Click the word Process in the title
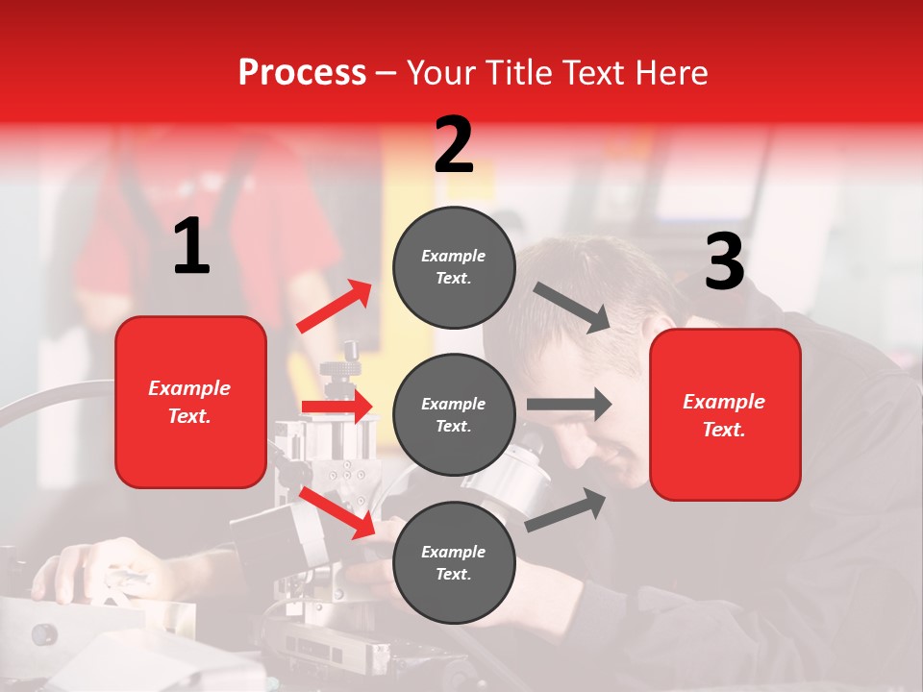click(302, 73)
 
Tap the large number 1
click(191, 248)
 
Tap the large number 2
click(454, 145)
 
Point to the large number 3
click(724, 262)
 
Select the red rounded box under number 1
click(190, 402)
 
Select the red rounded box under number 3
click(725, 414)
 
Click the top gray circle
click(454, 267)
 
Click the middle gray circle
click(454, 414)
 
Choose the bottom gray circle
click(454, 562)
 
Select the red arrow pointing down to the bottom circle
click(337, 511)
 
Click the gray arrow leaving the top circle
click(571, 307)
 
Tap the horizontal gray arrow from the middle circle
click(568, 404)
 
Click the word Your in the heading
click(442, 73)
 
